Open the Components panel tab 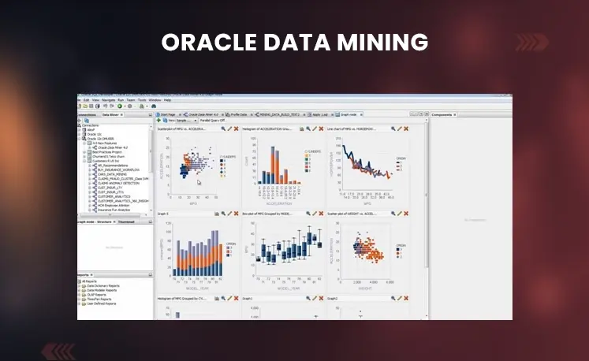pyautogui.click(x=443, y=115)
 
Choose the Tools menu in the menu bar pyautogui.click(x=142, y=101)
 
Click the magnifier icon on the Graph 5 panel pyautogui.click(x=222, y=213)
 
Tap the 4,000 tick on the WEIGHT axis pyautogui.click(x=388, y=281)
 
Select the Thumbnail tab pyautogui.click(x=126, y=221)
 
